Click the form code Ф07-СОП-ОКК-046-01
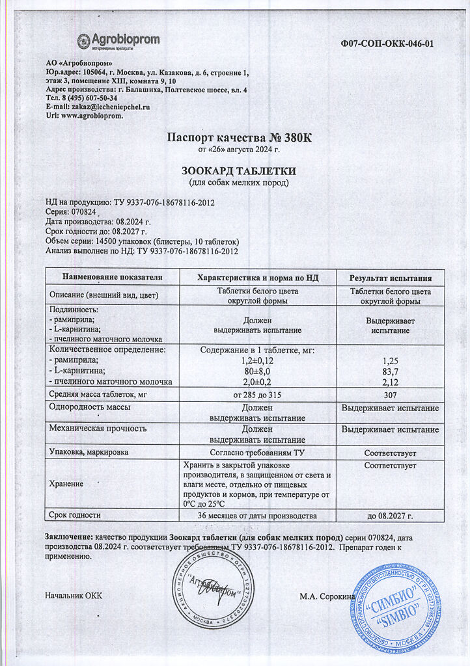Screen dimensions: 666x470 (x=387, y=44)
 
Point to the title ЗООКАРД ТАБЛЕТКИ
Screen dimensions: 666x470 (x=239, y=170)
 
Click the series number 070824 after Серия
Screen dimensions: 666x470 (x=83, y=213)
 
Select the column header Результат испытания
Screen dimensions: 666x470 (x=391, y=277)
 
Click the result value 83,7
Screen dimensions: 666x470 (x=391, y=370)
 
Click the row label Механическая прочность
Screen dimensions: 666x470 (x=98, y=429)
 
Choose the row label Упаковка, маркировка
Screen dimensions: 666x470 (x=89, y=452)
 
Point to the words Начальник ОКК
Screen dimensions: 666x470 (x=74, y=596)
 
